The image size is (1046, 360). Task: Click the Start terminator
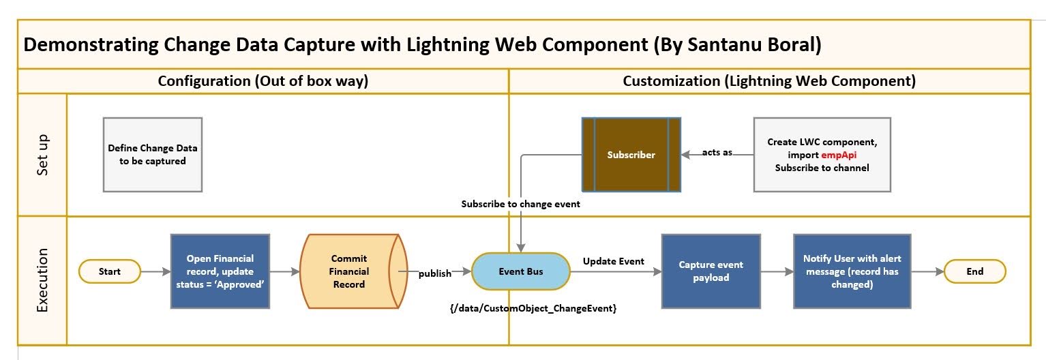click(x=110, y=271)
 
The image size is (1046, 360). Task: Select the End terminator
click(x=974, y=271)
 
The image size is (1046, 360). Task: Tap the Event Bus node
click(x=521, y=271)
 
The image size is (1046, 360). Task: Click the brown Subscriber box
click(x=631, y=155)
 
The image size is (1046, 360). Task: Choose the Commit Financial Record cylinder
click(x=349, y=271)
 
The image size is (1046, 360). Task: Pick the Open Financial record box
click(x=220, y=271)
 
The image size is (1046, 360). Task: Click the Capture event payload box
click(x=711, y=271)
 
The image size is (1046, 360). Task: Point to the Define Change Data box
click(x=147, y=155)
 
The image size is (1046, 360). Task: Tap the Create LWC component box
click(x=822, y=155)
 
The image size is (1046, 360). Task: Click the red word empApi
click(x=839, y=155)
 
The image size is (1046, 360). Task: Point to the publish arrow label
click(x=435, y=273)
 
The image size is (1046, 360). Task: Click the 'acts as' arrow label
click(x=717, y=152)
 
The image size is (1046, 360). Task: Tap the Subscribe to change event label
click(x=520, y=204)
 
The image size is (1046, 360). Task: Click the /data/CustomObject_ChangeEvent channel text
click(x=533, y=309)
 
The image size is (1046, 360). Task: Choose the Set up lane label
click(x=42, y=155)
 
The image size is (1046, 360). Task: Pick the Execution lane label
click(x=42, y=280)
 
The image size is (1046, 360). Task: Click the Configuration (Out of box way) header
click(x=263, y=81)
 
